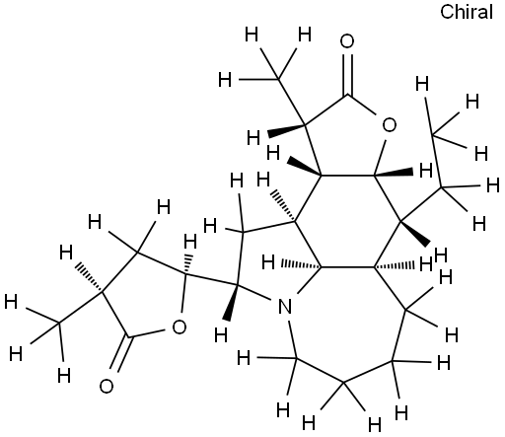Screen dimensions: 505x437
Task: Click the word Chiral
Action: tap(467, 12)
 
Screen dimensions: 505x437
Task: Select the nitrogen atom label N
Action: tap(285, 307)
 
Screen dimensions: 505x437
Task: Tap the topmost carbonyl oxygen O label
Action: tap(347, 41)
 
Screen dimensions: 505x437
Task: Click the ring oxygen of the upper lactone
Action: tap(390, 125)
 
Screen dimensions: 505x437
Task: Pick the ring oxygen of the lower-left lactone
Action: tap(180, 327)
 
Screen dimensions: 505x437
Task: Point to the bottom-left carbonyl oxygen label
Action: tap(107, 387)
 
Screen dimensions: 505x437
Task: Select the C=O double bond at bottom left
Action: tap(120, 354)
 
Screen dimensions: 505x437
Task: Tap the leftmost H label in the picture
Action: tap(11, 302)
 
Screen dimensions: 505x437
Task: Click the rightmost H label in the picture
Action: tap(493, 184)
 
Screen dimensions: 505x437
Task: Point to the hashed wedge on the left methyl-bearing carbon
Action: tap(89, 277)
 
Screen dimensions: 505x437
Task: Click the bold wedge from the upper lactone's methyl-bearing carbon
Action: tap(286, 130)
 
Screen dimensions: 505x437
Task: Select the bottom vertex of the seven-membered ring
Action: tap(343, 383)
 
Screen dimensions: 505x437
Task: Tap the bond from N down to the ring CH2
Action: tap(293, 338)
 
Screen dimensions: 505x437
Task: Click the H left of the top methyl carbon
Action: tap(225, 80)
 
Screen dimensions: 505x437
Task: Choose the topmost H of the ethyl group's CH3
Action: tap(422, 84)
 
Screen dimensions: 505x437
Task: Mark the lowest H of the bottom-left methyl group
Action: tap(64, 375)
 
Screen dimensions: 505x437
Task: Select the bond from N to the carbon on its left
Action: tap(254, 292)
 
